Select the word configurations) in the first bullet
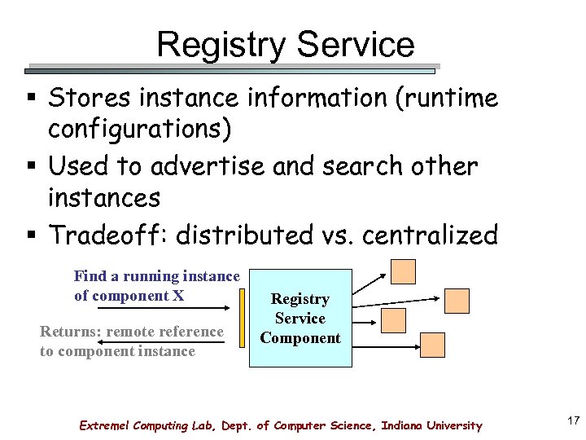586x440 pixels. [x=139, y=129]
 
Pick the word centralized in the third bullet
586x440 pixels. [x=429, y=235]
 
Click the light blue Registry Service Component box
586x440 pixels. [x=300, y=319]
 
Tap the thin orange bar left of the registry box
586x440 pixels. [x=242, y=319]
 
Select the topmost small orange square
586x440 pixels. [x=403, y=271]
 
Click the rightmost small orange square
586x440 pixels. [x=457, y=301]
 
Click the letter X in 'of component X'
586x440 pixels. [x=178, y=296]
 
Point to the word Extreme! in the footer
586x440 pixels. [x=106, y=425]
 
